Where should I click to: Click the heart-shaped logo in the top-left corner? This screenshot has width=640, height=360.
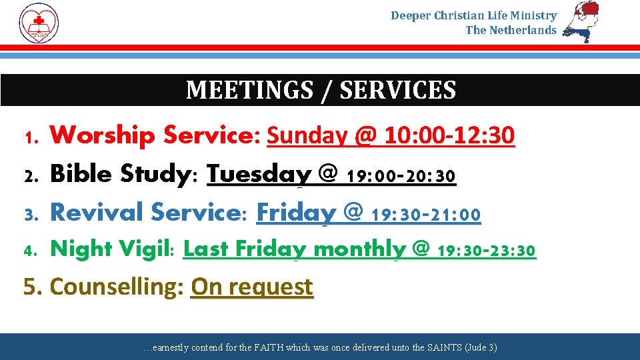[x=39, y=23]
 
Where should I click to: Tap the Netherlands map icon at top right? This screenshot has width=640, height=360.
[x=581, y=22]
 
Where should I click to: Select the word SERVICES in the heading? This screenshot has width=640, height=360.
[x=398, y=90]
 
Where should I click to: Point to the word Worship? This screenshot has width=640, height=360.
[x=103, y=136]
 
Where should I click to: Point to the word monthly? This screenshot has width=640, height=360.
[x=359, y=249]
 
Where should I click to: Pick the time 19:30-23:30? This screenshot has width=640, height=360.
[x=486, y=251]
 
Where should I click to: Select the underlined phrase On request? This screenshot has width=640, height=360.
[x=252, y=287]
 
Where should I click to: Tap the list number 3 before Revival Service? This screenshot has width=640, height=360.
[x=29, y=215]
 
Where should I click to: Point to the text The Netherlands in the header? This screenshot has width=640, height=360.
[x=511, y=30]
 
